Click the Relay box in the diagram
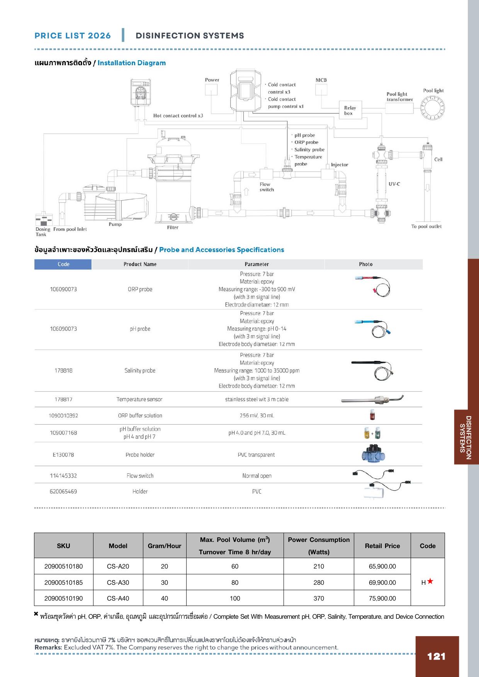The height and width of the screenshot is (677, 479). [x=350, y=111]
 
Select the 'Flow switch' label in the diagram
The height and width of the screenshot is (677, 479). [x=267, y=187]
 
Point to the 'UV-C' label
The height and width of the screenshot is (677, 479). [x=394, y=184]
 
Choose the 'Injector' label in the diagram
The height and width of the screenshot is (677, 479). [x=340, y=165]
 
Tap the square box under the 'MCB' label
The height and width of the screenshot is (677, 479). [x=321, y=90]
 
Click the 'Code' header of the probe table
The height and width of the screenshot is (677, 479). [x=63, y=264]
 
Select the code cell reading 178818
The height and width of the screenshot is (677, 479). [x=63, y=371]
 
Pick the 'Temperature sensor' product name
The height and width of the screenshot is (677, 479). [x=139, y=399]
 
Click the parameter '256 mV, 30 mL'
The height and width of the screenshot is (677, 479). [x=256, y=416]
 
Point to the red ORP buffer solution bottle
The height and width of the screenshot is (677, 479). [x=372, y=415]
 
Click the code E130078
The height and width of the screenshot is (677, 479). [x=63, y=455]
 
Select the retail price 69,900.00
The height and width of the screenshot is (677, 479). [x=382, y=582]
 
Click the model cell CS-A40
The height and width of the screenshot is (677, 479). [x=118, y=598]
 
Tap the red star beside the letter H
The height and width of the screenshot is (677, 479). [x=430, y=581]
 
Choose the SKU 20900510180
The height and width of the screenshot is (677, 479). [x=63, y=566]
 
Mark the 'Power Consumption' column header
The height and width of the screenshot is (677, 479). [x=319, y=545]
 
